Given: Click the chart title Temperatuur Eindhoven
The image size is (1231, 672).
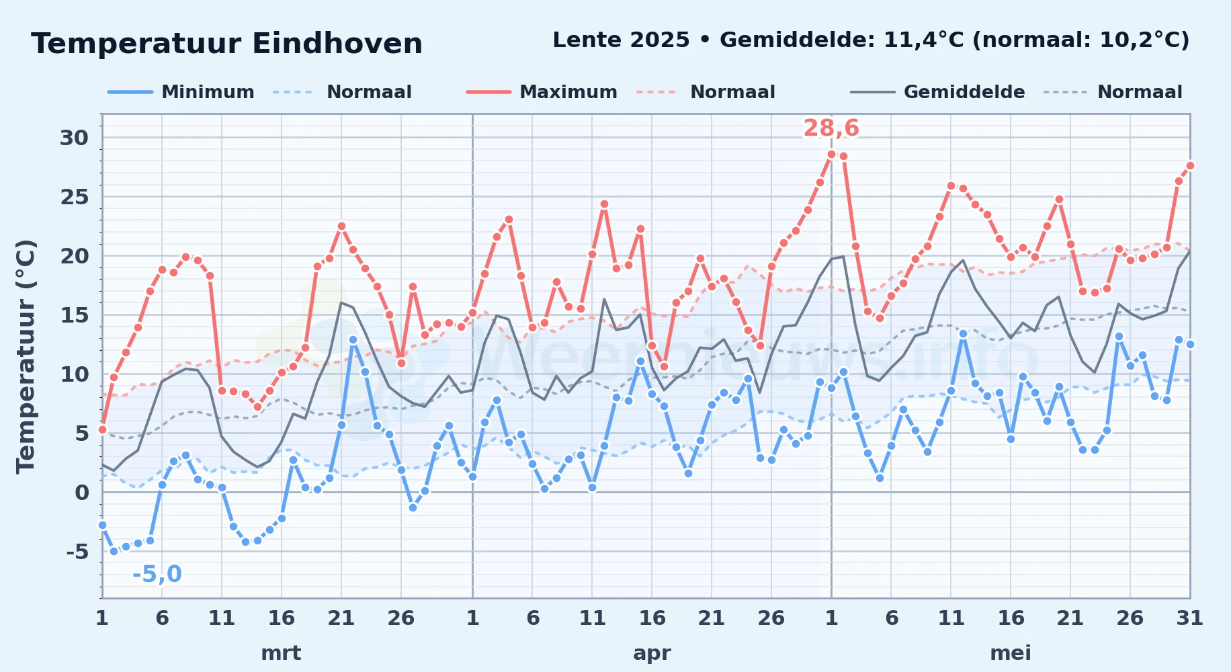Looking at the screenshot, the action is (x=226, y=44).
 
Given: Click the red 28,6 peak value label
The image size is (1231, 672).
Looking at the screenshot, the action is (x=831, y=128).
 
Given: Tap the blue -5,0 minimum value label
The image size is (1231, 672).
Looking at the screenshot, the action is (x=157, y=574).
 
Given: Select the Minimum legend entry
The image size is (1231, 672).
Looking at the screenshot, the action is (x=181, y=92).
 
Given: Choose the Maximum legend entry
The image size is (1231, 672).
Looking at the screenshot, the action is (x=542, y=92).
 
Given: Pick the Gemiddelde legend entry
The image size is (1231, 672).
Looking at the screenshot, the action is (x=937, y=92).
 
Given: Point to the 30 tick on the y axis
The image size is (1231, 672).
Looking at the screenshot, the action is (x=74, y=138).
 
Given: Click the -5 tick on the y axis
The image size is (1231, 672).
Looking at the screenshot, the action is (x=77, y=552).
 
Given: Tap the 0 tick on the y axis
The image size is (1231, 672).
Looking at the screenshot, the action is (x=82, y=493).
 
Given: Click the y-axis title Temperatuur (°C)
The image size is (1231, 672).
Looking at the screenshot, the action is (x=26, y=356).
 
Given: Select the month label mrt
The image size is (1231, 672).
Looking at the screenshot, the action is (x=281, y=653).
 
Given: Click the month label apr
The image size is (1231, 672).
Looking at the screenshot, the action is (x=652, y=653).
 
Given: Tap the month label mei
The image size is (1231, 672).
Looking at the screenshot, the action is (x=1011, y=653).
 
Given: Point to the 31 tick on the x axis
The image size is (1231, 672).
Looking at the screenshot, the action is (x=1189, y=618).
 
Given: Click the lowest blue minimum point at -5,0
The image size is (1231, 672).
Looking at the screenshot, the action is (x=114, y=551).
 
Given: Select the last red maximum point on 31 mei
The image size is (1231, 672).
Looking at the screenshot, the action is (x=1190, y=165).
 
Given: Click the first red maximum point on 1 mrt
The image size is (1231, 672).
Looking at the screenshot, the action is (x=102, y=429).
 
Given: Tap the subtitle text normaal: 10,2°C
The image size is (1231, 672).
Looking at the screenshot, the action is (x=1080, y=40).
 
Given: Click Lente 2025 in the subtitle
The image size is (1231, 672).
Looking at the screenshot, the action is (x=621, y=40).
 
